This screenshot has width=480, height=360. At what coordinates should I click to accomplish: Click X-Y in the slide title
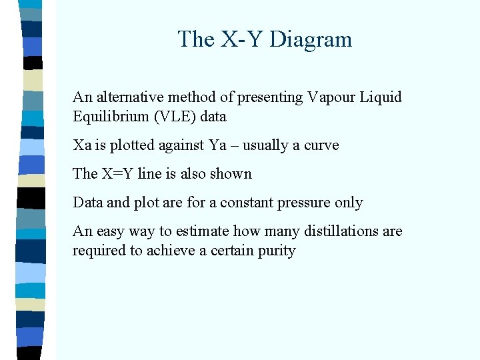243,39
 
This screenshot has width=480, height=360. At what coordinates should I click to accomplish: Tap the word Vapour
331,97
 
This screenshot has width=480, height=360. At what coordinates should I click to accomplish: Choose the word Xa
81,145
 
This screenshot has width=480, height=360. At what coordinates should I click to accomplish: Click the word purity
276,251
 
